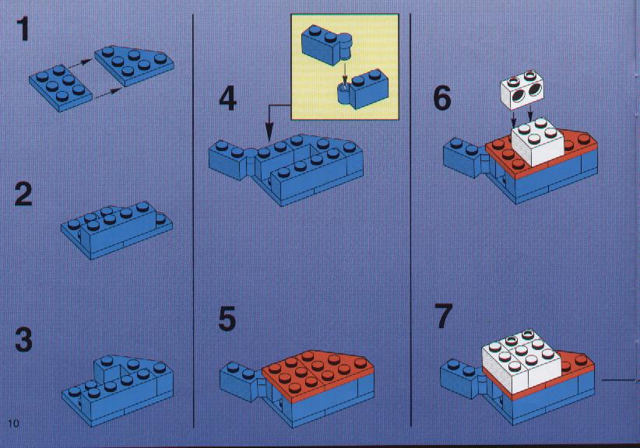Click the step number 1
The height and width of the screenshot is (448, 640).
(23, 29)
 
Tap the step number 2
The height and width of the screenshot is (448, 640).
(23, 194)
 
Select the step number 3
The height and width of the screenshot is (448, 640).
(23, 341)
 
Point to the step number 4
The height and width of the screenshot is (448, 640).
(228, 100)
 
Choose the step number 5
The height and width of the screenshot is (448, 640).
(227, 319)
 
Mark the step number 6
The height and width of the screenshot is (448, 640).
(442, 98)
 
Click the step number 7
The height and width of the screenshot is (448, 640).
(444, 316)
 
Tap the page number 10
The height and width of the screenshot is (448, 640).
(13, 423)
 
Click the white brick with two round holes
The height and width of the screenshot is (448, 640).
(519, 89)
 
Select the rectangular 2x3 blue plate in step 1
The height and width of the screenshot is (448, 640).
(61, 87)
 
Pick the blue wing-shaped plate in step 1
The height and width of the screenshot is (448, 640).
(134, 65)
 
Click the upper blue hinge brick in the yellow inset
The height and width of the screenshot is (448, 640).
(327, 44)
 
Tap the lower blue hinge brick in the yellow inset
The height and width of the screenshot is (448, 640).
(363, 89)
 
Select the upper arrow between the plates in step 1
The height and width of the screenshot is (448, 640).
(80, 63)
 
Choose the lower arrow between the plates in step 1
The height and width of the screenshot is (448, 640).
(107, 93)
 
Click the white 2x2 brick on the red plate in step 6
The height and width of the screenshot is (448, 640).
(537, 142)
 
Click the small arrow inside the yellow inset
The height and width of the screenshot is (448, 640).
(344, 73)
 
